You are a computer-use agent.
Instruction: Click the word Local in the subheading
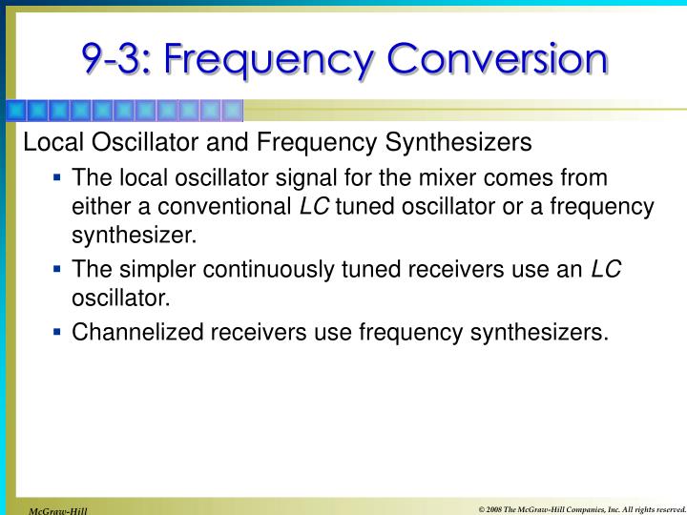[48, 143]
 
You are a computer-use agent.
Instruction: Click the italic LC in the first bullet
[314, 206]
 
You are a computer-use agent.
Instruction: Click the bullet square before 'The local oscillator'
[58, 177]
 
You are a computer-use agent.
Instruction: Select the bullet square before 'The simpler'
[58, 269]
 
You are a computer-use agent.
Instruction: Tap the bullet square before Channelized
[58, 331]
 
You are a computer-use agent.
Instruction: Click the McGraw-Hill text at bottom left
[57, 510]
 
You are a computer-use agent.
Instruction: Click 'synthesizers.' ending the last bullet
[542, 332]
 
